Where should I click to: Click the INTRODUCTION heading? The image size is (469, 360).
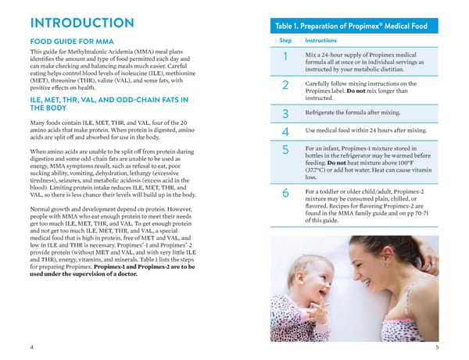point(81,24)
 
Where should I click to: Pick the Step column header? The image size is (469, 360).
point(285,40)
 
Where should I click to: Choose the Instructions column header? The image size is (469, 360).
point(320,40)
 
